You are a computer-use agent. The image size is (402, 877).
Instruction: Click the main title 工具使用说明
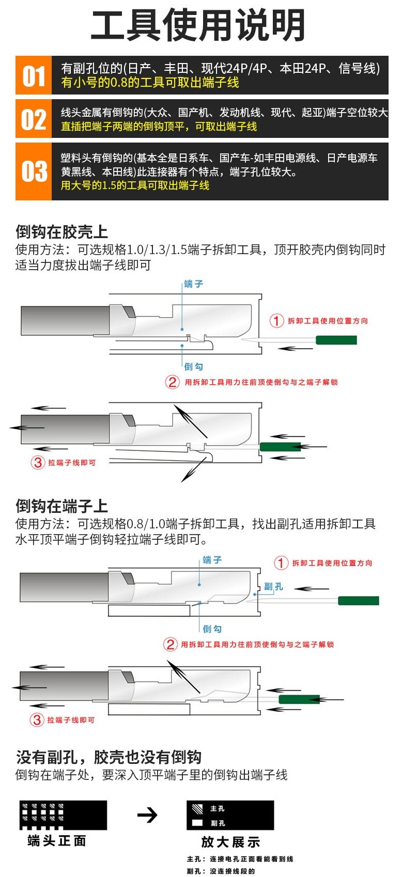point(198,26)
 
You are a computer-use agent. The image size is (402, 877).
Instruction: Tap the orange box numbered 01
point(34,75)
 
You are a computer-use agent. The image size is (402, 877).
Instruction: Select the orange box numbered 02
point(34,119)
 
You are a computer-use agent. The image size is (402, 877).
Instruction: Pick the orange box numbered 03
point(34,171)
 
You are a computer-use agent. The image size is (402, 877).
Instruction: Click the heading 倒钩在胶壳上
point(61,232)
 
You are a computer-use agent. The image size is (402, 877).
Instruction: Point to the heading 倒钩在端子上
point(61,506)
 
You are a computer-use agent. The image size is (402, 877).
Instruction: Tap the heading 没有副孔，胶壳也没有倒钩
point(109,757)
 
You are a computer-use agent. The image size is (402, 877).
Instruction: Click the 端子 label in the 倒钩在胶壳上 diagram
point(194,284)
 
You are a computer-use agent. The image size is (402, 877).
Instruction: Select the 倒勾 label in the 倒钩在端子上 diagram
point(212,629)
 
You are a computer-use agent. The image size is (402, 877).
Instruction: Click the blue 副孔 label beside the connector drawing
point(273,587)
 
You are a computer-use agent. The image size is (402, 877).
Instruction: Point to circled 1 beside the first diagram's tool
point(276,321)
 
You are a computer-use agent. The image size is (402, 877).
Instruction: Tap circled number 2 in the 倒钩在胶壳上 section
point(172,382)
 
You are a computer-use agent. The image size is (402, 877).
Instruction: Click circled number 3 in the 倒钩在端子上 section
point(37,719)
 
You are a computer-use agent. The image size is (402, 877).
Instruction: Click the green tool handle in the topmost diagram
point(336,340)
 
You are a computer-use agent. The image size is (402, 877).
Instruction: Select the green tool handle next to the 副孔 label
point(358,601)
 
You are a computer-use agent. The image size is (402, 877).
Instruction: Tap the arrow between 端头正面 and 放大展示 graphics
point(147,816)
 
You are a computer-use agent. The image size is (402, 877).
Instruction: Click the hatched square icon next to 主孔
point(197,809)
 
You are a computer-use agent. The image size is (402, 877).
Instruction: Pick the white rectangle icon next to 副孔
point(197,823)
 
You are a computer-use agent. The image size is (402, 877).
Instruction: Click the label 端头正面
point(57,841)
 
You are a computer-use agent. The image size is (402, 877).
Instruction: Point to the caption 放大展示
point(230,842)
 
